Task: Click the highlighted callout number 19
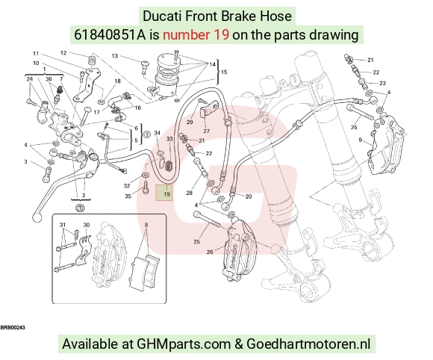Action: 166,194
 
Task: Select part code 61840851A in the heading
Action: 110,35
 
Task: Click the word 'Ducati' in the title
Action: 162,16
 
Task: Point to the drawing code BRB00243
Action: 13,327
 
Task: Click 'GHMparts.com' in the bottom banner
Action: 184,344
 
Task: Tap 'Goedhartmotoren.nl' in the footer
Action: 308,344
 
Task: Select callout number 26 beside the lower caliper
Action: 210,252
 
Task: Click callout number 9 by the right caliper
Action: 360,140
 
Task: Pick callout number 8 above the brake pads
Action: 146,225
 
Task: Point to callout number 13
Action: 115,56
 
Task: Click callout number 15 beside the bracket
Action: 224,72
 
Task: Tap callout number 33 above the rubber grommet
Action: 169,139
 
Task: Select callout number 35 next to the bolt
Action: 128,196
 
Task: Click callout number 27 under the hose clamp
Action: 206,131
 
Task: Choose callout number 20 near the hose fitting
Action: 249,196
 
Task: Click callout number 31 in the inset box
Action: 63,225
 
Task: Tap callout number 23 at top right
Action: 382,83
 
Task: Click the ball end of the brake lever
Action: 37,217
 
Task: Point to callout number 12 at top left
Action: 63,53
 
